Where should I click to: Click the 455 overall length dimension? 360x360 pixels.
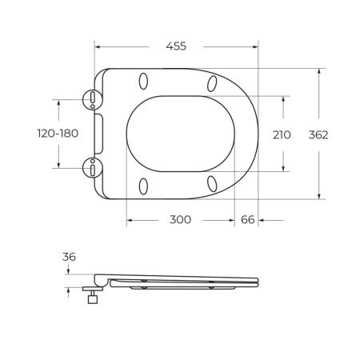coord(176,46)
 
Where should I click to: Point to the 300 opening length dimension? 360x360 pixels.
coord(180,220)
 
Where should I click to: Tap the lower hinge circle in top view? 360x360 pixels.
coord(94,168)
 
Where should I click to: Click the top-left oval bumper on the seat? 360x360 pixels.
coord(144,82)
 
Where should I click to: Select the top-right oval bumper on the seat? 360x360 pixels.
coord(213,83)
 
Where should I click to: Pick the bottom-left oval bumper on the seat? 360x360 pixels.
coord(144,186)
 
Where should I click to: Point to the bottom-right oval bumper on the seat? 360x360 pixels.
coord(213,184)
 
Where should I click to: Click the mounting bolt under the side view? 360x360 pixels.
coord(94,299)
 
